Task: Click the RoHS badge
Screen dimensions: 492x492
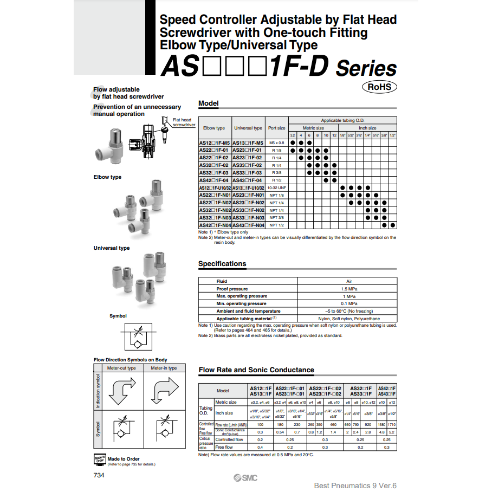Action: pos(379,87)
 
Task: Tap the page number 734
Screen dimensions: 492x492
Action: pos(99,475)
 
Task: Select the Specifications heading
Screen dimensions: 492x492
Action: pos(222,264)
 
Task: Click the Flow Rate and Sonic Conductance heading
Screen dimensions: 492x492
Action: pos(256,370)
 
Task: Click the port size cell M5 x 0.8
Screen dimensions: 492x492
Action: pos(277,143)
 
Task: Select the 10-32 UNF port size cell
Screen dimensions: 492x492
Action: pos(277,187)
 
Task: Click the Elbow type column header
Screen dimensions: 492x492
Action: pos(214,128)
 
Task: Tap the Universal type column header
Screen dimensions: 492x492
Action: pos(248,128)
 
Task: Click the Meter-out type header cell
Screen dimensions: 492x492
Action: pos(121,368)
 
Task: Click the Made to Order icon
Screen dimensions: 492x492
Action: pos(100,459)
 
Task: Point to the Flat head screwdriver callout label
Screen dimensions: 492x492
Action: pos(183,122)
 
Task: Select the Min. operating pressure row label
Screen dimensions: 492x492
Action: pos(242,303)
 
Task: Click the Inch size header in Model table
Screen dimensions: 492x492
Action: pos(367,128)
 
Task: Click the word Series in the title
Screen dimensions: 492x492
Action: pos(366,69)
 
